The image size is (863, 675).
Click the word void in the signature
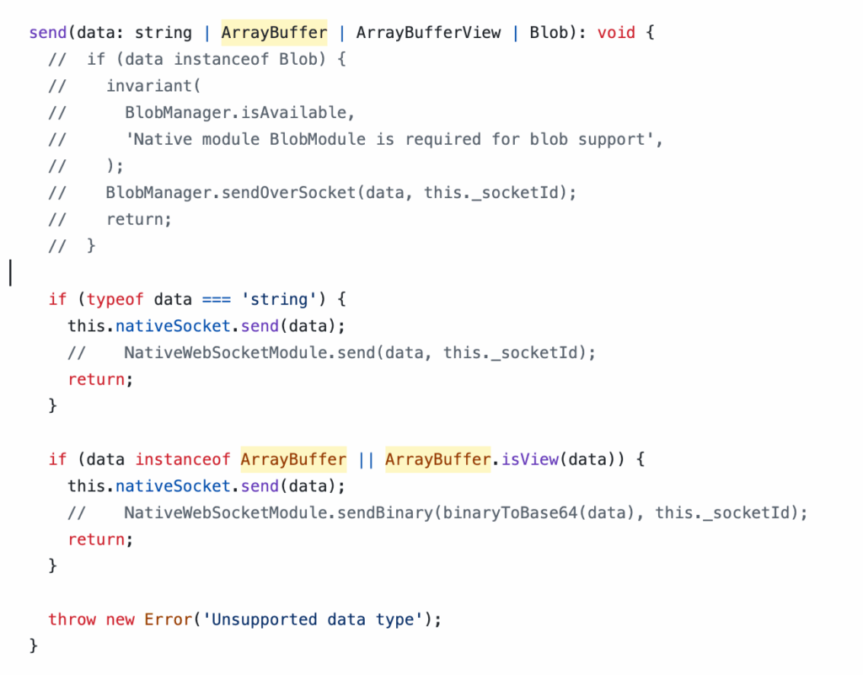click(x=616, y=33)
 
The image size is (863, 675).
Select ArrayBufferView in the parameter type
click(x=428, y=33)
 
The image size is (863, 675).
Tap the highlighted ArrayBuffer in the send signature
click(x=274, y=33)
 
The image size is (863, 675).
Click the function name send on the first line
click(x=48, y=33)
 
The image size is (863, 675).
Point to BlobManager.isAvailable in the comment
click(x=236, y=113)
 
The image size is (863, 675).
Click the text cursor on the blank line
click(x=10, y=273)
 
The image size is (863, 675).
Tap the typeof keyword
click(x=115, y=299)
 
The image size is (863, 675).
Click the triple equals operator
click(x=217, y=300)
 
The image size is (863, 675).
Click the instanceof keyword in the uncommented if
click(x=183, y=459)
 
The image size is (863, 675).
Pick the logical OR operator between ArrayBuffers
click(x=366, y=459)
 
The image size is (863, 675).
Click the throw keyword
click(x=72, y=619)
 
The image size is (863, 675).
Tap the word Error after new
click(x=169, y=619)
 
